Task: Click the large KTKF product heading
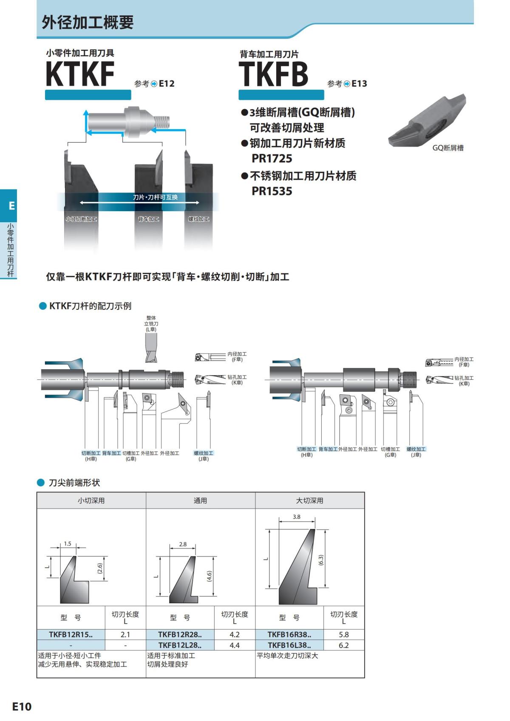(x=80, y=74)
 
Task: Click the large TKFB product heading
(x=273, y=74)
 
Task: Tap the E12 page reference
(x=166, y=84)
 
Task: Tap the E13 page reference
(x=359, y=84)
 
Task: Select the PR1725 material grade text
(x=272, y=158)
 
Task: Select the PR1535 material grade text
(x=272, y=191)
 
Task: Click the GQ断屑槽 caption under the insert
(x=448, y=148)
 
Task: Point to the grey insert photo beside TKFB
(x=427, y=121)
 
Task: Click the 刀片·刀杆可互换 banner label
(x=155, y=197)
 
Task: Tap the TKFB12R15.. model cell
(x=71, y=634)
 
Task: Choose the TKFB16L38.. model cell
(x=289, y=645)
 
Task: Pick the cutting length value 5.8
(x=343, y=634)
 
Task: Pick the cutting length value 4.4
(x=234, y=645)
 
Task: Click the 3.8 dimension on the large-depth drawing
(x=296, y=517)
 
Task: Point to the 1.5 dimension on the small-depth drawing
(x=68, y=543)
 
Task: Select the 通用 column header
(x=200, y=500)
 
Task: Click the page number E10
(x=22, y=706)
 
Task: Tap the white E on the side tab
(x=11, y=206)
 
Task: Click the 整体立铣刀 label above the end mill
(x=151, y=323)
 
